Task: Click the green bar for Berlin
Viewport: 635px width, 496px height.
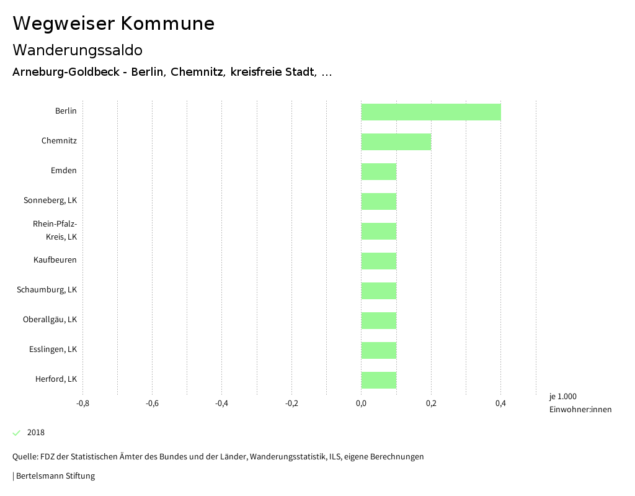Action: tap(431, 112)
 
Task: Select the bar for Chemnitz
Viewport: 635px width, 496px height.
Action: tap(396, 142)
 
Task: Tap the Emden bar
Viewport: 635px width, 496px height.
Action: tap(379, 171)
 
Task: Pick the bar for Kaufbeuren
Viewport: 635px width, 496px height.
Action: tap(379, 261)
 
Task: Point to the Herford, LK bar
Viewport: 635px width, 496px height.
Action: tap(379, 380)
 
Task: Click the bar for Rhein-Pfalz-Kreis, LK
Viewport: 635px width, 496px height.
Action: tap(379, 231)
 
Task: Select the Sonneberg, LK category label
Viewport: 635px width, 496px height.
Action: tap(50, 201)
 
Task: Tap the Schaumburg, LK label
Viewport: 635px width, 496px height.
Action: tap(47, 290)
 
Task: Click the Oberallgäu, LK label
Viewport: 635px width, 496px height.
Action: tap(50, 320)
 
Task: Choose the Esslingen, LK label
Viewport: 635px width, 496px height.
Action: tap(53, 349)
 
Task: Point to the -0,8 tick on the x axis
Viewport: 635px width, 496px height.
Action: tap(82, 404)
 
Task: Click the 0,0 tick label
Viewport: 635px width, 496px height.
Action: tap(361, 404)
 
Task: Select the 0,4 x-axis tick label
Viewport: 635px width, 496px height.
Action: tap(500, 404)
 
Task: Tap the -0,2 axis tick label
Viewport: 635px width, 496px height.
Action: tap(291, 404)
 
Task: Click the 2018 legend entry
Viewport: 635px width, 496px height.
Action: tap(35, 433)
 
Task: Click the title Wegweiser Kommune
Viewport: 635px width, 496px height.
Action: tap(113, 24)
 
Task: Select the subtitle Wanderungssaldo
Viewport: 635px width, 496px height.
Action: tap(78, 50)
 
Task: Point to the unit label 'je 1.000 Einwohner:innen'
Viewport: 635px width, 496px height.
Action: tap(580, 403)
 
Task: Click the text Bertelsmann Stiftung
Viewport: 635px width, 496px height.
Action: tap(55, 476)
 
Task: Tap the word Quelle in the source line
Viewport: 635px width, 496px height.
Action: tap(24, 457)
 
